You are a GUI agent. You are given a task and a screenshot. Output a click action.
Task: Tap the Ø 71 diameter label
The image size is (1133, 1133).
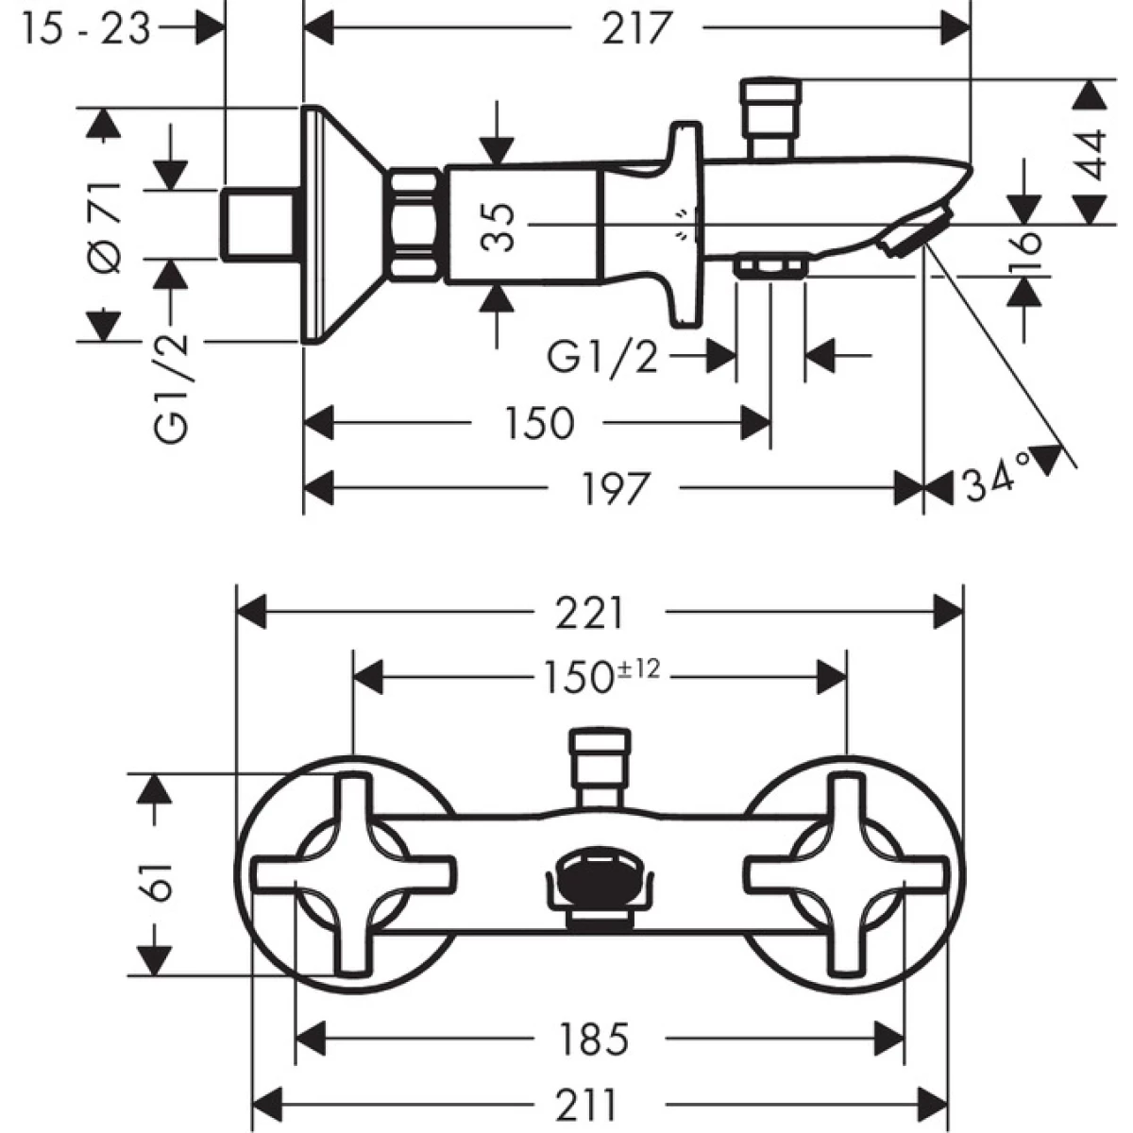(x=109, y=226)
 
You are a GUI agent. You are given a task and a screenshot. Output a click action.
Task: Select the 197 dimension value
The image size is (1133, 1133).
(x=614, y=488)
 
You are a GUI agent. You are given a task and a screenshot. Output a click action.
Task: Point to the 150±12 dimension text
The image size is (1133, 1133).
(x=600, y=675)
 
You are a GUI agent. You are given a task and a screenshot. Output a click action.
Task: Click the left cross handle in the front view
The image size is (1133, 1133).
(x=353, y=873)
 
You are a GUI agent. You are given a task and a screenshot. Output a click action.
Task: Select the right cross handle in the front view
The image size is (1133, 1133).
(x=845, y=873)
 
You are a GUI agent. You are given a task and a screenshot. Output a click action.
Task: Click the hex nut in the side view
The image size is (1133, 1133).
(x=414, y=224)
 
